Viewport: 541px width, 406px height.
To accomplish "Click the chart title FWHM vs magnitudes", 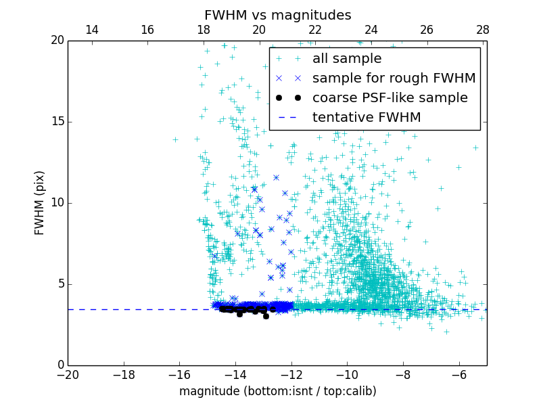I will click(277, 15).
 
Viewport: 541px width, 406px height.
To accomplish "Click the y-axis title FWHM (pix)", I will click(40, 202).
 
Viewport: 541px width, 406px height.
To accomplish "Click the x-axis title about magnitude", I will click(277, 391).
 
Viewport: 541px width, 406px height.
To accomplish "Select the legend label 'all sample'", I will click(347, 59).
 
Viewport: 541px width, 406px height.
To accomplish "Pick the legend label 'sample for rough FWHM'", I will click(394, 78).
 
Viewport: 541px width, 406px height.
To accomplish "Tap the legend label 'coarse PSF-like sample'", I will click(390, 98).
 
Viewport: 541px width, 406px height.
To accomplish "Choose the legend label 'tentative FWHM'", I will click(367, 118).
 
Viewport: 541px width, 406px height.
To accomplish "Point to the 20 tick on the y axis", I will click(57, 41).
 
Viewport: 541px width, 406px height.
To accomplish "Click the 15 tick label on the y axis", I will click(57, 122).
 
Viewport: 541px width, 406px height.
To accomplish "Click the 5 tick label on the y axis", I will click(60, 284).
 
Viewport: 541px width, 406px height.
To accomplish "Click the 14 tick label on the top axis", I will click(92, 30).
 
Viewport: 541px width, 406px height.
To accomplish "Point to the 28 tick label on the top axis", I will click(483, 30).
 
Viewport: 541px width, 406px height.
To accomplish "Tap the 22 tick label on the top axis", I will click(315, 30).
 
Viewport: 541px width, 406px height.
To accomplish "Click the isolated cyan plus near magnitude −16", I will click(175, 139).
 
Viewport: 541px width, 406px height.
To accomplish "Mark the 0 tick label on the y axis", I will click(60, 365).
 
